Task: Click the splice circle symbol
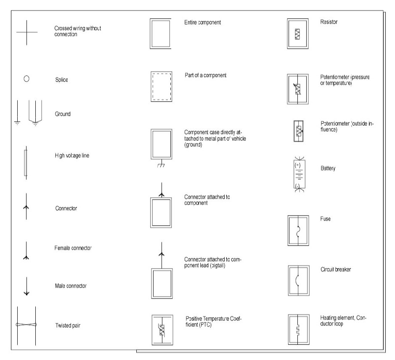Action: tap(26, 78)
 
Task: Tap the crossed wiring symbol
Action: tap(27, 32)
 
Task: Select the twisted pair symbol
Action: tap(27, 325)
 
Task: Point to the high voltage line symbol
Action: tap(26, 162)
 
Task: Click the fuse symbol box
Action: tap(298, 230)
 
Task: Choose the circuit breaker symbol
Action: tap(298, 280)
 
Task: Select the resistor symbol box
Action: tap(298, 34)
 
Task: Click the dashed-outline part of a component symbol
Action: tap(161, 86)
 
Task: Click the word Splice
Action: tap(61, 80)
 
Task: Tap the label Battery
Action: tap(328, 168)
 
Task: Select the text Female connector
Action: tap(73, 248)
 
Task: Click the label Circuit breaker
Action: tap(335, 269)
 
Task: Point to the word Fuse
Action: tap(325, 219)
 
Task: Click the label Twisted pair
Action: tap(68, 325)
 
